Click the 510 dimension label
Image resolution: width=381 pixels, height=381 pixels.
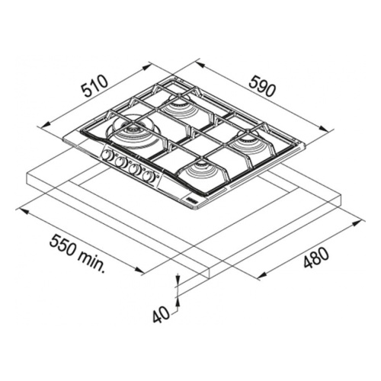94,85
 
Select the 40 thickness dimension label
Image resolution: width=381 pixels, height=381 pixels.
161,315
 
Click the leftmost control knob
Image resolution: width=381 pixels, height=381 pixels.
107,155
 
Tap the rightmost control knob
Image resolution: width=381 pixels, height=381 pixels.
149,176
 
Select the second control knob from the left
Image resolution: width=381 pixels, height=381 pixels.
120,162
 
